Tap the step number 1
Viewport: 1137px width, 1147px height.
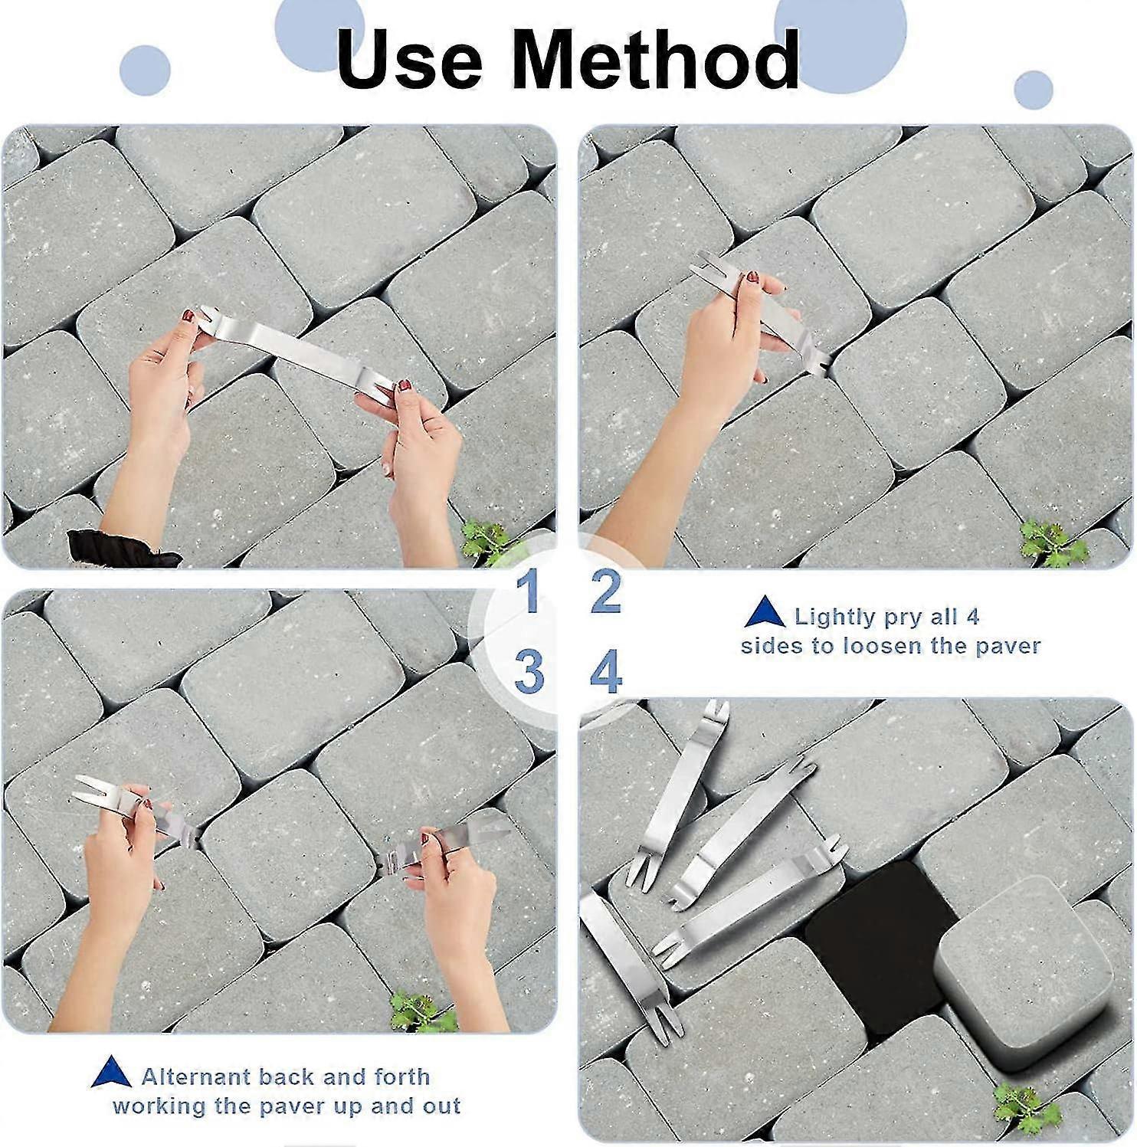[x=528, y=592]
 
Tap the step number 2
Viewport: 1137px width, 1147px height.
[x=605, y=592]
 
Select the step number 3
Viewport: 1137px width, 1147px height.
[x=529, y=672]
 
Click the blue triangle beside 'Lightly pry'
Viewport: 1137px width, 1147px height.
[x=765, y=615]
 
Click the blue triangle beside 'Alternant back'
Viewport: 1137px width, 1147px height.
[x=112, y=1073]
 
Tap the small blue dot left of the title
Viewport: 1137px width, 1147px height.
[x=145, y=71]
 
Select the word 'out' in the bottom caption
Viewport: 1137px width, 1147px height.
[x=441, y=1106]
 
